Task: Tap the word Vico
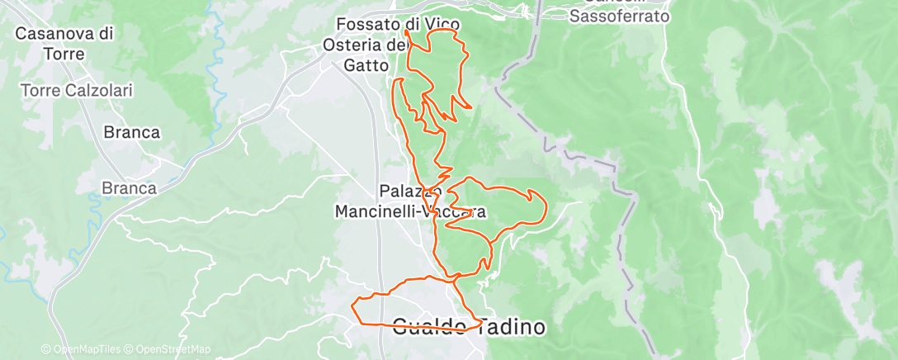coord(442,25)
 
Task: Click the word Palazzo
coord(404,191)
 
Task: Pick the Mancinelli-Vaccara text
coord(409,211)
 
